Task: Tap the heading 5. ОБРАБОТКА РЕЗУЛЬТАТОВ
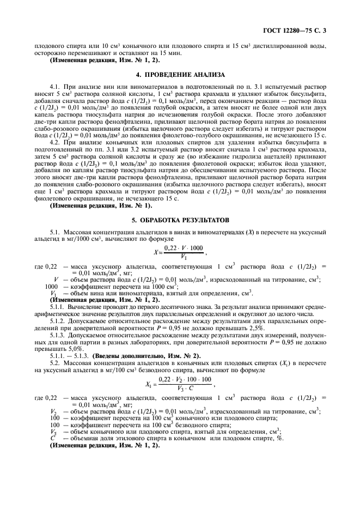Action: click(x=180, y=220)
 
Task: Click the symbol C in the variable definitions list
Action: click(x=53, y=439)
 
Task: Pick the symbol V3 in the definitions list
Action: click(x=53, y=432)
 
